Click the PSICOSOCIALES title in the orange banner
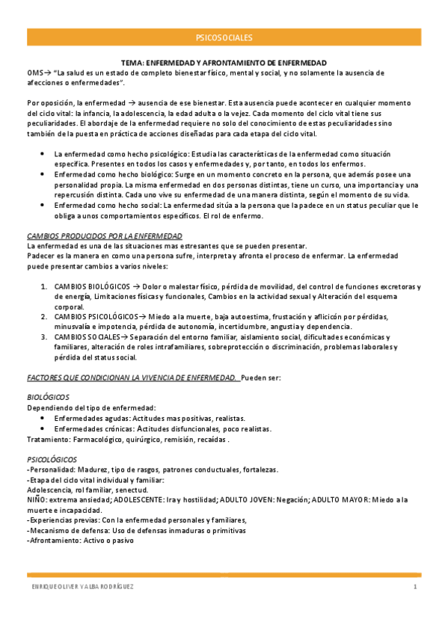pyautogui.click(x=224, y=37)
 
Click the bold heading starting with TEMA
pyautogui.click(x=224, y=63)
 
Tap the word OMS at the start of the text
pyautogui.click(x=35, y=73)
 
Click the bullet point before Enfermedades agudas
pyautogui.click(x=41, y=418)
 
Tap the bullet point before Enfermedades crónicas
pyautogui.click(x=41, y=428)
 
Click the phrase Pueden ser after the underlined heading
pyautogui.click(x=261, y=378)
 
